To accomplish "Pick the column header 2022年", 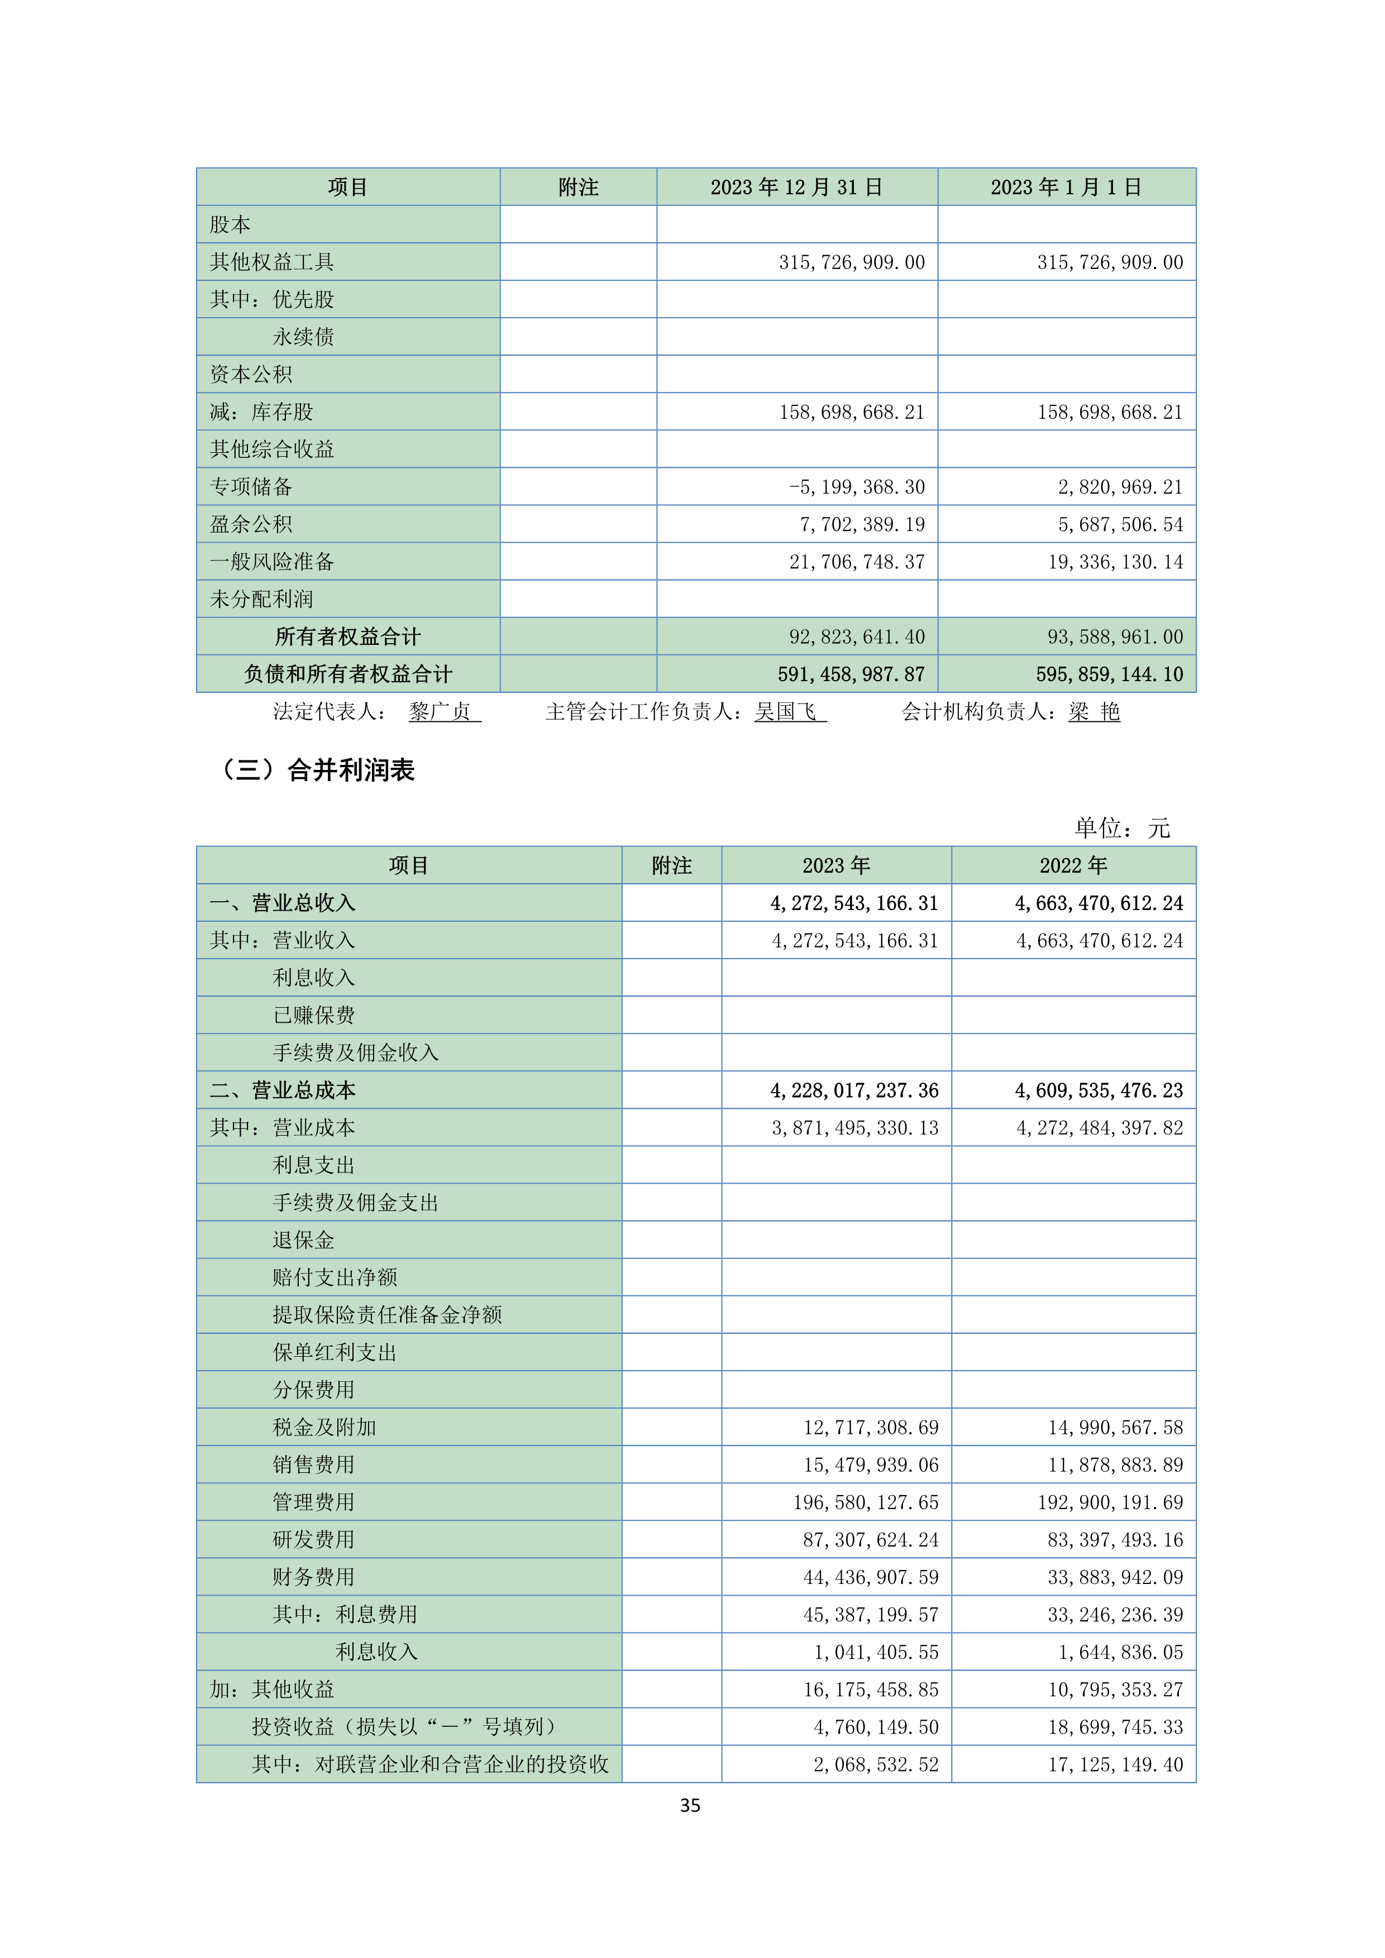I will pyautogui.click(x=1073, y=865).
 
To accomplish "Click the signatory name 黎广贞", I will pyautogui.click(x=440, y=711).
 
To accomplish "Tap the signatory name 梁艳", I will pyautogui.click(x=1094, y=711).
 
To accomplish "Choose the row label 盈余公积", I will pyautogui.click(x=251, y=524).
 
